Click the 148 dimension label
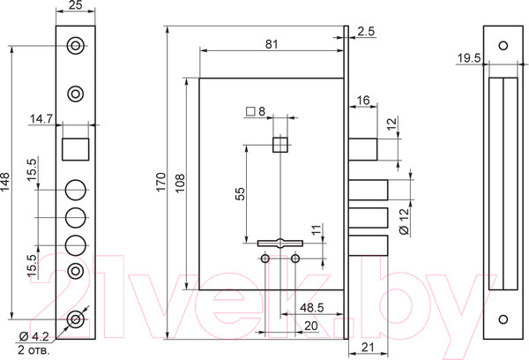pyautogui.click(x=5, y=182)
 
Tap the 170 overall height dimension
pyautogui.click(x=161, y=182)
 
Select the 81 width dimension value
pyautogui.click(x=272, y=44)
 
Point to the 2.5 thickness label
pyautogui.click(x=366, y=31)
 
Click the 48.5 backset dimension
pyautogui.click(x=312, y=308)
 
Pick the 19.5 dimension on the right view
pyautogui.click(x=469, y=58)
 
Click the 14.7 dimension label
pyautogui.click(x=41, y=119)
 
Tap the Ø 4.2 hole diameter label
pyautogui.click(x=34, y=336)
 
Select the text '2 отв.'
pyautogui.click(x=34, y=350)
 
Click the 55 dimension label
pyautogui.click(x=240, y=194)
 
